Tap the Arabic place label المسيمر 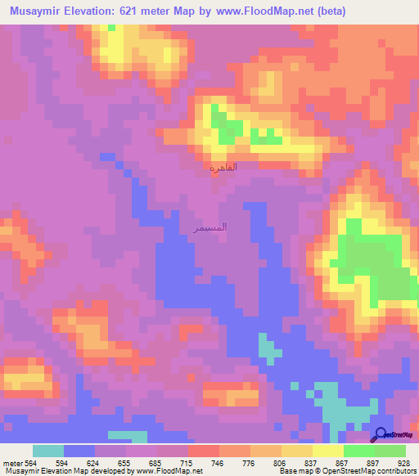pos(209,227)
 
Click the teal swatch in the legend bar pos(48,451)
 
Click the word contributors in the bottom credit pos(394,471)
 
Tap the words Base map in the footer pos(284,471)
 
